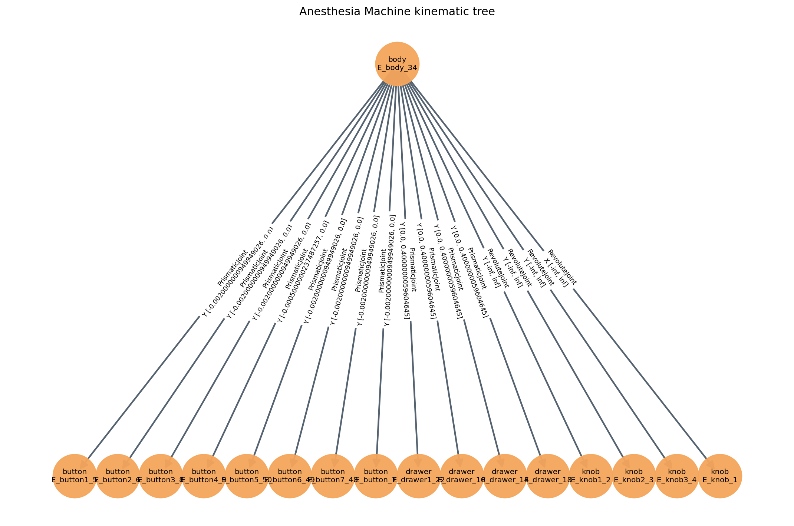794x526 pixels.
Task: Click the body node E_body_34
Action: [x=397, y=64]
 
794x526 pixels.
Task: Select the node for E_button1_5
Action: [x=75, y=476]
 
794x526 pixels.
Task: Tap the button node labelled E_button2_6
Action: [x=118, y=476]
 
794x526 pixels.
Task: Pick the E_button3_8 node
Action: [x=161, y=476]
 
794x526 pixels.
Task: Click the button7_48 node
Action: [x=333, y=476]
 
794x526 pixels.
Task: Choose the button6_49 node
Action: [x=290, y=476]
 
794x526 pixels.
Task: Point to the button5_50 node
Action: [x=247, y=476]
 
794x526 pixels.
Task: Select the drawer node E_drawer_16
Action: [x=462, y=476]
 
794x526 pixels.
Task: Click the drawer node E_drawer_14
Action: [x=505, y=476]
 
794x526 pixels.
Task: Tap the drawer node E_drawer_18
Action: [x=548, y=476]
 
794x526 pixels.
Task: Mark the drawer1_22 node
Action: [x=419, y=476]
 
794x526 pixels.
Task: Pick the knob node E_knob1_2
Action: [x=591, y=476]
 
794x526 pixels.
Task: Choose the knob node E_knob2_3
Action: [x=634, y=476]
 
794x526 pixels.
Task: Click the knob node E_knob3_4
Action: [x=677, y=476]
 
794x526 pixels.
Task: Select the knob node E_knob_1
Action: [x=720, y=476]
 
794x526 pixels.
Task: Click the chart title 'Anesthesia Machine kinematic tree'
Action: [x=397, y=12]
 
